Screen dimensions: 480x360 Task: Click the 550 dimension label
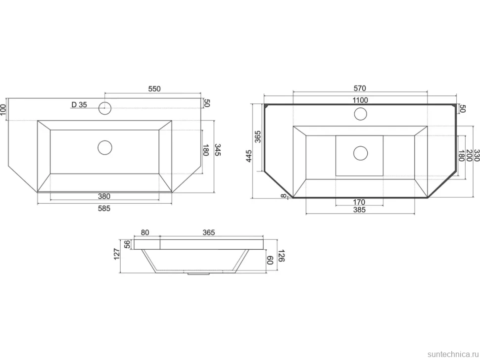click(154, 89)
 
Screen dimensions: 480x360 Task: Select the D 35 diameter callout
click(79, 105)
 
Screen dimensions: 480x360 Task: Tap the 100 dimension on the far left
click(3, 109)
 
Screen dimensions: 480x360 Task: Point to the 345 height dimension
click(218, 150)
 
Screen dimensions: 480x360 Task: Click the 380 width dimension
click(104, 196)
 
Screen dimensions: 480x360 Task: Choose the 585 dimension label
click(104, 209)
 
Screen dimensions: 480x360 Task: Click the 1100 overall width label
click(360, 100)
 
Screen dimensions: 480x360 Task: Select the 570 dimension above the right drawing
click(360, 89)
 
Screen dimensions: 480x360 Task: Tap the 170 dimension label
click(359, 202)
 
